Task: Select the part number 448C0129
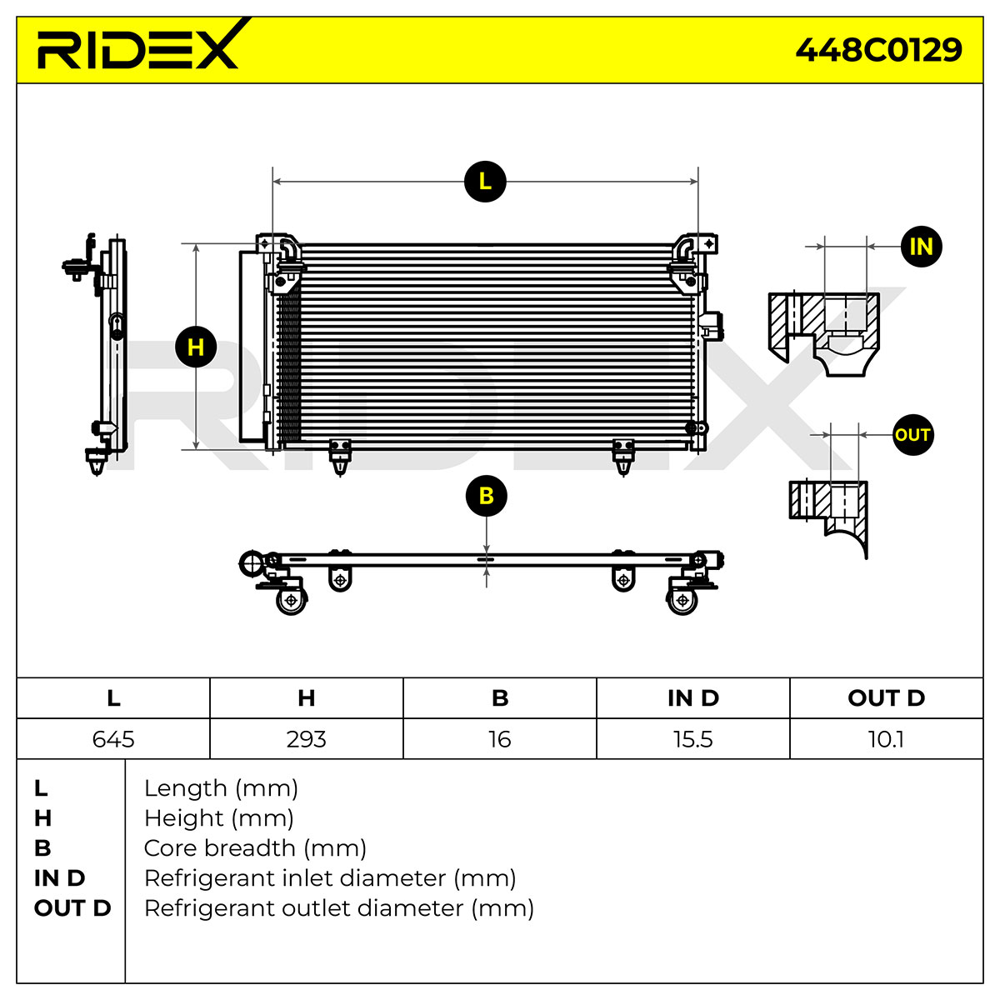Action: pos(878,50)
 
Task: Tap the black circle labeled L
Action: pos(485,182)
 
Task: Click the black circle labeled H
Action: pos(196,347)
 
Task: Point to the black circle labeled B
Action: pos(486,496)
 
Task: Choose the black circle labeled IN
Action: pos(921,247)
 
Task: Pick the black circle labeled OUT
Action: pos(912,435)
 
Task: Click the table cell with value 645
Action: pos(113,739)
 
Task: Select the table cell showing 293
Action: pos(306,739)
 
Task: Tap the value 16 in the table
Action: pos(500,739)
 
